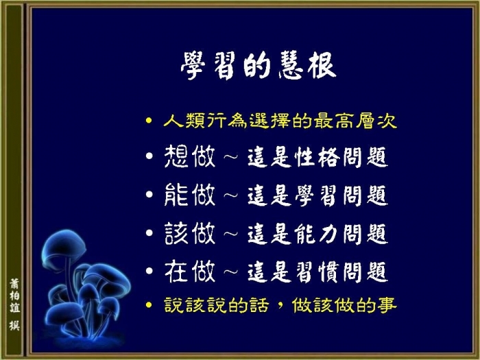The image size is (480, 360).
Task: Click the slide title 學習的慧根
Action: [x=259, y=65]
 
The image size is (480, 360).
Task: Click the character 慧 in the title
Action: [x=291, y=65]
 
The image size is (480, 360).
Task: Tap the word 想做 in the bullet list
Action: [x=190, y=156]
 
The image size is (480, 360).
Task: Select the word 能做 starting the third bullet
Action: [x=190, y=195]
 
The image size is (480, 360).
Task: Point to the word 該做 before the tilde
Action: [x=190, y=233]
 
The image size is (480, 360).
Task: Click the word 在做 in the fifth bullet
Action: [x=190, y=272]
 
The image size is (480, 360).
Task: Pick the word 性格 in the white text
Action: [x=317, y=157]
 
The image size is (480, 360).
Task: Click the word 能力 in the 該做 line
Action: [x=317, y=234]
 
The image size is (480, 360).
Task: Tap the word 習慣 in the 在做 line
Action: [x=317, y=272]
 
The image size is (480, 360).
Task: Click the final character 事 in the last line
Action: [x=387, y=305]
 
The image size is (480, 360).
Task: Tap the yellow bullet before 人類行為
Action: [x=149, y=120]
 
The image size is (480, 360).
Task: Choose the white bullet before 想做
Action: [x=149, y=156]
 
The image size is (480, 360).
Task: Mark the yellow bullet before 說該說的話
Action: [x=149, y=305]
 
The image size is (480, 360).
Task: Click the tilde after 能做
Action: [x=231, y=195]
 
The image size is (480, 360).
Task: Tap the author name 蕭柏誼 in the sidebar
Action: [x=14, y=296]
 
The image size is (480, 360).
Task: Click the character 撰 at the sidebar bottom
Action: [x=14, y=326]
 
